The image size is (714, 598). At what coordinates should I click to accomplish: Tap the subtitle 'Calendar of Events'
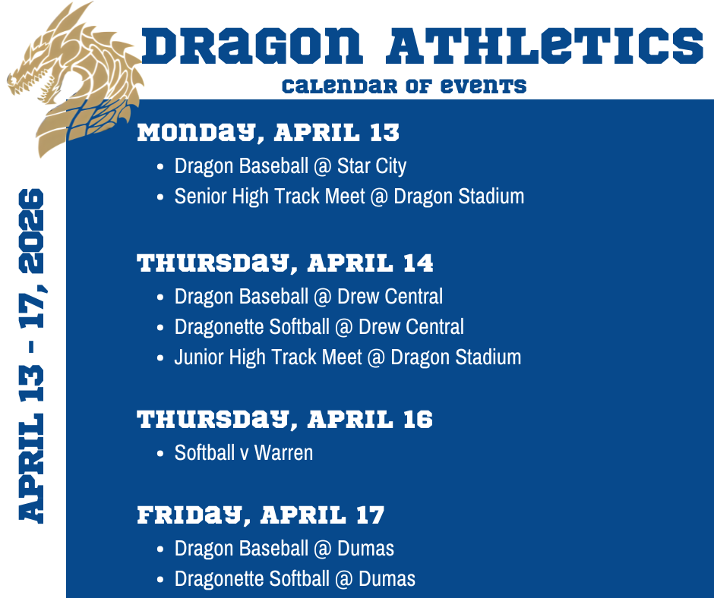point(403,86)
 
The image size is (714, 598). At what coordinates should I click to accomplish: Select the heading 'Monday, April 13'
point(268,134)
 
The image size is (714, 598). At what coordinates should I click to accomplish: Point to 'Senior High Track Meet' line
point(349,196)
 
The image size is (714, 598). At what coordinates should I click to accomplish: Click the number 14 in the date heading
point(417,263)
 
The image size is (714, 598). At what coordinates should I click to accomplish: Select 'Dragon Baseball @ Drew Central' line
point(308,296)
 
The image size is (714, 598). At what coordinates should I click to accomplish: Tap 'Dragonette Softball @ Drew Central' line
point(319,326)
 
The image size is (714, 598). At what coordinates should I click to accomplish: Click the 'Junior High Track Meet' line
point(347,357)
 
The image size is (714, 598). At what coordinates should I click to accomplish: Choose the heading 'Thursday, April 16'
point(285,420)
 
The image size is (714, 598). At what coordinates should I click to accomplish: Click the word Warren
point(283,453)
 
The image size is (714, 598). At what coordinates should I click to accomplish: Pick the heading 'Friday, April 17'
point(261,515)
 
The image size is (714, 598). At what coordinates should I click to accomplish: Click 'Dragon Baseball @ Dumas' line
point(284,548)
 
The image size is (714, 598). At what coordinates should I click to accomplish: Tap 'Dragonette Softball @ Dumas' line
point(295,579)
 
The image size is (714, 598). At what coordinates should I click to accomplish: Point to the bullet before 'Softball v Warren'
point(160,454)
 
